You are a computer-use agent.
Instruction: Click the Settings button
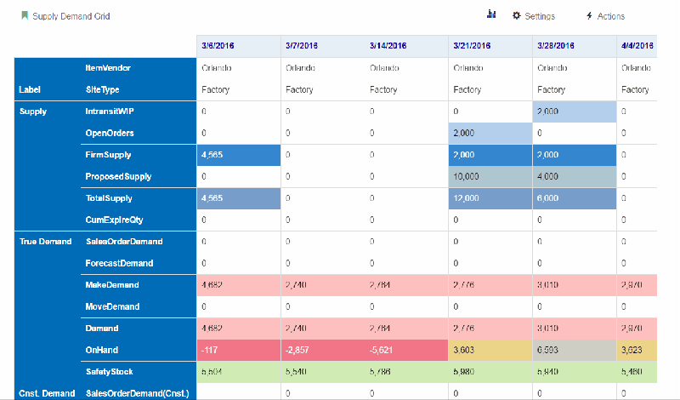[534, 16]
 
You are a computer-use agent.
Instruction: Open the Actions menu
[605, 16]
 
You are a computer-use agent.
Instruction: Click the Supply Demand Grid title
[71, 16]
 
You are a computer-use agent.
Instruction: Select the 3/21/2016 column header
[473, 46]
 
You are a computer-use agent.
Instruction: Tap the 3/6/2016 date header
[219, 46]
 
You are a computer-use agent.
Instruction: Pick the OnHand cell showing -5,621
[383, 350]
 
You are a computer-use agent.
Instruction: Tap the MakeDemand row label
[111, 285]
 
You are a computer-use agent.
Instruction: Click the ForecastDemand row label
[119, 263]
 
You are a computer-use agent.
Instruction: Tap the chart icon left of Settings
[491, 15]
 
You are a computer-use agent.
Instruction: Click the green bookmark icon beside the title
[25, 15]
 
